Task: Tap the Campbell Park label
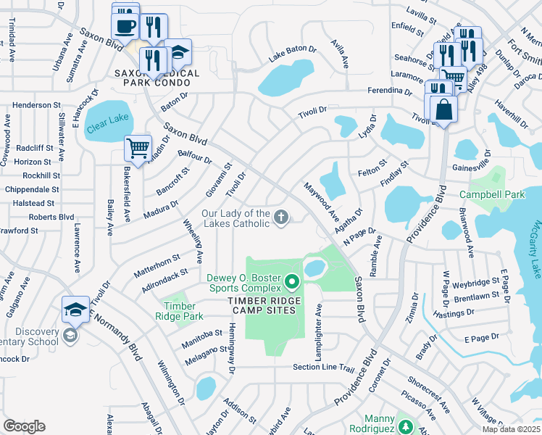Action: point(492,195)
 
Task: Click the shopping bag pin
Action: point(443,109)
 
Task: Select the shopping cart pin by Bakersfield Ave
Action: point(137,149)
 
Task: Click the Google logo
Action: point(24,426)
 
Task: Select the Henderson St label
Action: point(36,105)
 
